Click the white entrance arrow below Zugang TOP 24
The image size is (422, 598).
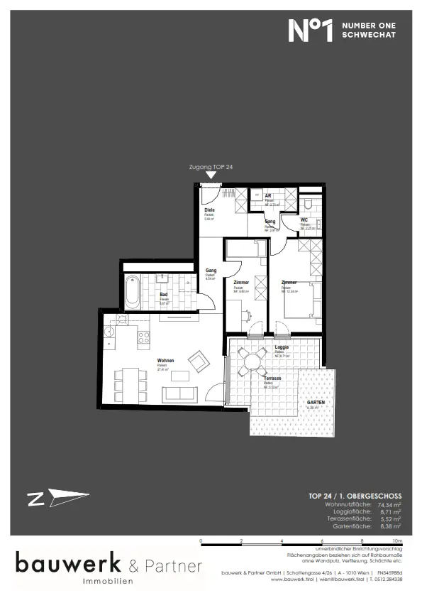tap(210, 175)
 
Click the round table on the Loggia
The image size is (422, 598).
tap(251, 361)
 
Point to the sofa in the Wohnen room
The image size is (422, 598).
tap(180, 393)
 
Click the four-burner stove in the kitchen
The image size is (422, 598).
tap(143, 337)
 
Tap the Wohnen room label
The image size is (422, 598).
tap(165, 361)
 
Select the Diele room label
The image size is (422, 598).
tap(209, 212)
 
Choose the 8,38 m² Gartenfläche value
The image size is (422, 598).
tap(388, 527)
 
